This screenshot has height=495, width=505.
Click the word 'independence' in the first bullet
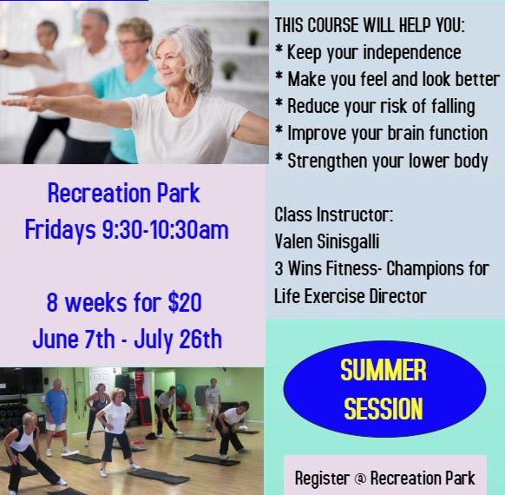tap(411, 52)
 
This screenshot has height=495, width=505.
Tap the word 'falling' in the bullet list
tap(453, 106)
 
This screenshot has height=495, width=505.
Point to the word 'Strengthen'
tap(327, 161)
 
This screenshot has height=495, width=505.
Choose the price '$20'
tap(185, 302)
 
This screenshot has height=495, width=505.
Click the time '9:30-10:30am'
tap(165, 229)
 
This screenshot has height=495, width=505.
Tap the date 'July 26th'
tap(178, 340)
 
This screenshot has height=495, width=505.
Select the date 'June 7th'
tap(74, 340)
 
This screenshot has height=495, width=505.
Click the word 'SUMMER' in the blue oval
tap(384, 370)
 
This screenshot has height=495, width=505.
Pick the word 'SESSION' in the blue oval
tap(384, 408)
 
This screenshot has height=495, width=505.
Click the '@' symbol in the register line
tap(360, 478)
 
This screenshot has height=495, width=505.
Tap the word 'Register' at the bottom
tap(323, 478)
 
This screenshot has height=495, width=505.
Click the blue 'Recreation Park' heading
tap(124, 194)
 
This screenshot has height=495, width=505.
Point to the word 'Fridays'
tap(61, 230)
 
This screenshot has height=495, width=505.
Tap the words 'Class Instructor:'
tap(334, 214)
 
